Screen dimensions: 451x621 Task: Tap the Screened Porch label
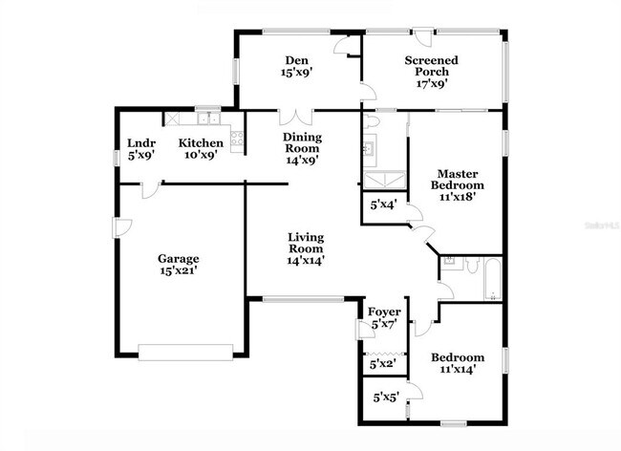coord(431,72)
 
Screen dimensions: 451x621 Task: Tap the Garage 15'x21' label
coord(178,264)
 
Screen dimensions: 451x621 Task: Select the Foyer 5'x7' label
coord(383,318)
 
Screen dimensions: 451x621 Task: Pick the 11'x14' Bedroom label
coord(458,363)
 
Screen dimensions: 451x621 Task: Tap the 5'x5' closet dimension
coord(383,397)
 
